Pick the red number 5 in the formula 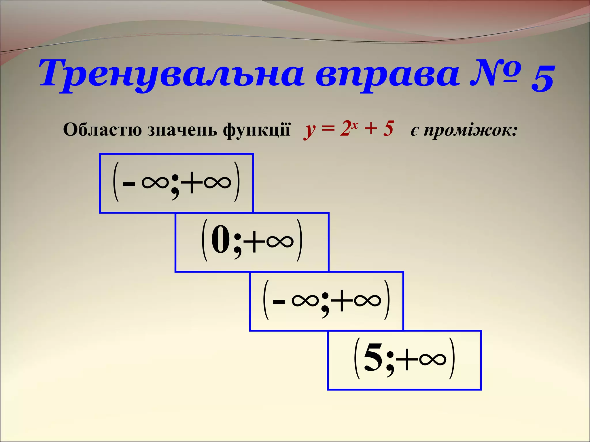tap(388, 128)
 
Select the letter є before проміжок tap(414, 131)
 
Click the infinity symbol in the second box tap(280, 241)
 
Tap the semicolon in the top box tap(175, 187)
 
